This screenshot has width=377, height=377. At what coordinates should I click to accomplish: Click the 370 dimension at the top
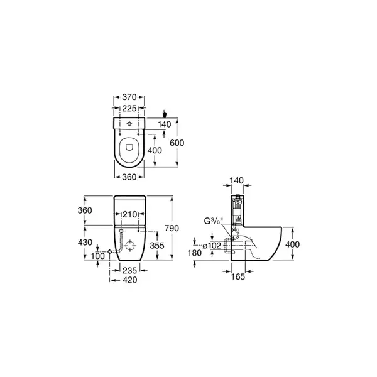pos(129,97)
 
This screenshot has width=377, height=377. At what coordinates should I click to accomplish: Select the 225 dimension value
pos(129,109)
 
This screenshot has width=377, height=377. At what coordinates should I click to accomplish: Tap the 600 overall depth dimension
pos(177,143)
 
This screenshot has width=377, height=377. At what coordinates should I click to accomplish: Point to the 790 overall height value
pos(172,228)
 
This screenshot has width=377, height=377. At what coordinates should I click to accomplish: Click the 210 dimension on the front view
pos(130,214)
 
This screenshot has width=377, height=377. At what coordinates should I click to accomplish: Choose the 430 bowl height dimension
pos(85,243)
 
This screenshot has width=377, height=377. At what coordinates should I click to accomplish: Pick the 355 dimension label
pos(157,246)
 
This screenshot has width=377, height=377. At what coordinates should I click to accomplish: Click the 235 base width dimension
pos(129,270)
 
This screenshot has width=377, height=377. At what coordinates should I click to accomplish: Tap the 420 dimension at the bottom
pos(130,280)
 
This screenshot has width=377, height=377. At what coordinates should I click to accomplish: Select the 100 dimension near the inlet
pos(97,256)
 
